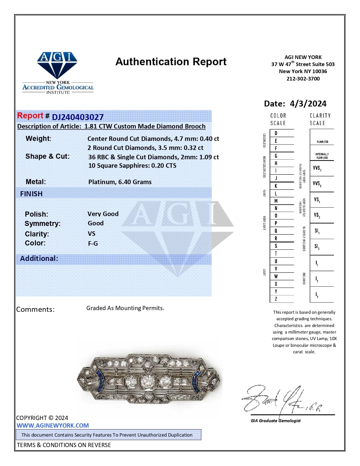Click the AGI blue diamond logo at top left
click(57, 65)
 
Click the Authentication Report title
click(171, 62)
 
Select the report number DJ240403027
click(78, 117)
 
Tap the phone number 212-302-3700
click(303, 79)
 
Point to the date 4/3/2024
click(308, 104)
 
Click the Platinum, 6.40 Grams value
click(120, 182)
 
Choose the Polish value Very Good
click(103, 214)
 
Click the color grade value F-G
click(93, 243)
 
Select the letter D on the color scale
click(276, 133)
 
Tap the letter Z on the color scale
click(276, 299)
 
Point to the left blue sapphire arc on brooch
click(100, 381)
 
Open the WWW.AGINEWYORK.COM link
click(53, 426)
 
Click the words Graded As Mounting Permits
click(125, 308)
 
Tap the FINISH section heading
click(31, 194)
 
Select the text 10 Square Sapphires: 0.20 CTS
click(132, 166)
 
